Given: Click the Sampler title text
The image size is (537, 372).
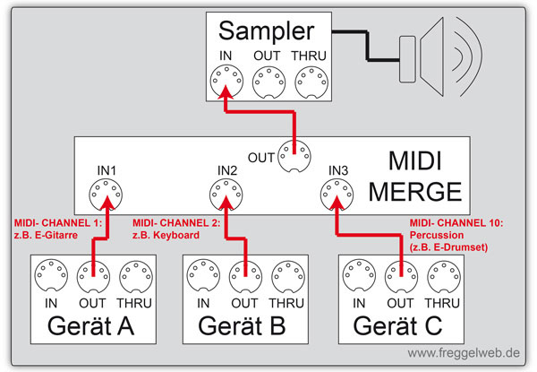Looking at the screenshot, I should pyautogui.click(x=271, y=32).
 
